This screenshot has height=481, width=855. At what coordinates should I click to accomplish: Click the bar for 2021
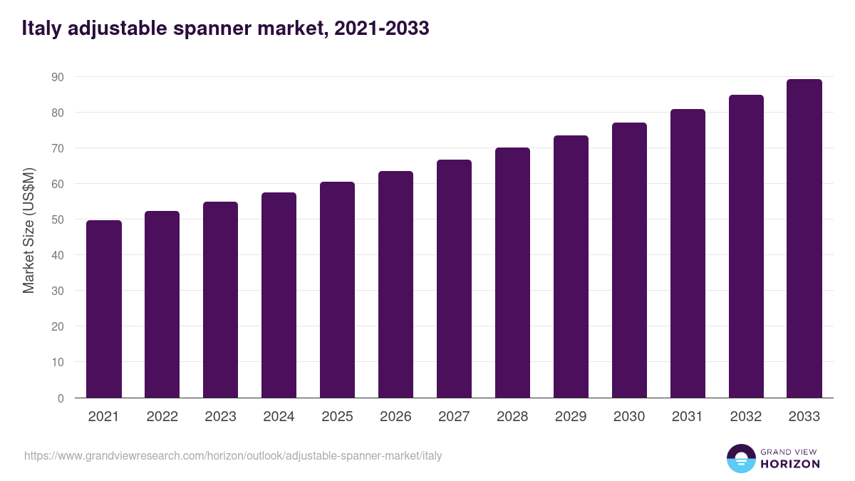coord(104,309)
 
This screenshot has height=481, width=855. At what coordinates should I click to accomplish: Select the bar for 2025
coord(337,290)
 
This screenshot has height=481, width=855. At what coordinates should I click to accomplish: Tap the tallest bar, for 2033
coord(804,239)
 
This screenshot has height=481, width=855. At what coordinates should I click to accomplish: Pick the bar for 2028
coord(512,273)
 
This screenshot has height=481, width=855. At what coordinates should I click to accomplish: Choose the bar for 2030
coord(629,260)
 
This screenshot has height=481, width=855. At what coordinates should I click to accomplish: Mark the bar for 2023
coord(220,300)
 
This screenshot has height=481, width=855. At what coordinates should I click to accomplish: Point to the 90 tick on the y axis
coord(58,77)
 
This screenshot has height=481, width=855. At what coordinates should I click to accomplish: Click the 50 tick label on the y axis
coord(58,219)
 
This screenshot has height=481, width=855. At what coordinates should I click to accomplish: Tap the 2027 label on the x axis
coord(454,417)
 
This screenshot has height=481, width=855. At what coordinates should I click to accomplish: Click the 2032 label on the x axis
coord(746,417)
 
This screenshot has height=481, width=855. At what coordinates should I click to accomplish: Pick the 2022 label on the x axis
coord(162,417)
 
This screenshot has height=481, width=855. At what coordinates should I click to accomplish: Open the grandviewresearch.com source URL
coord(233,455)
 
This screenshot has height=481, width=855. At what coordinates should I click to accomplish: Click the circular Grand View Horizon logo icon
coord(740,458)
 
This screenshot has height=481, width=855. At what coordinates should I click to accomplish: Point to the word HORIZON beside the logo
coord(790,464)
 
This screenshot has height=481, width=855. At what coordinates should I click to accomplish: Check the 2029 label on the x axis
coord(571,417)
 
